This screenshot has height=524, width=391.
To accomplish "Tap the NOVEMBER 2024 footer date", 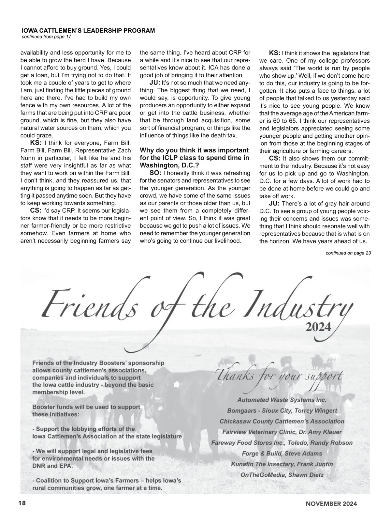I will tap(331, 503).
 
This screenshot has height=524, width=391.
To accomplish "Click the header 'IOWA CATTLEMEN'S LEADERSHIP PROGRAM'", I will tap(88, 31).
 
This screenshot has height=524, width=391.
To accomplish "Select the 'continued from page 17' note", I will tap(46, 37).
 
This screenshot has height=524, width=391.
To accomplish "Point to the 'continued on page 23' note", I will tap(348, 253).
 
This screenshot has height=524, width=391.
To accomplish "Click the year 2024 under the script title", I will tap(318, 327).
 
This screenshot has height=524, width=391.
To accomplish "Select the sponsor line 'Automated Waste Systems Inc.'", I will tap(282, 400).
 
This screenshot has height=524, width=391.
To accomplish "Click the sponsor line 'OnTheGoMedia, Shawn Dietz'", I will tap(282, 475).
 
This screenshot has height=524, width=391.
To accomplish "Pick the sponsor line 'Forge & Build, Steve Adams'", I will tap(282, 454).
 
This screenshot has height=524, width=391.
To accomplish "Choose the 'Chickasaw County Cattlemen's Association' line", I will tap(282, 421).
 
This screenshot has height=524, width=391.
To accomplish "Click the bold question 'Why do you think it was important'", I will tap(194, 150).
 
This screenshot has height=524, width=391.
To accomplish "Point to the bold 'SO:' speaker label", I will tap(155, 173).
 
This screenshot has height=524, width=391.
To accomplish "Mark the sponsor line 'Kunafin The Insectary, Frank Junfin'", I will tap(282, 464).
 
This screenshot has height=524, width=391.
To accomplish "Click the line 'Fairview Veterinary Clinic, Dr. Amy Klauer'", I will tap(282, 432).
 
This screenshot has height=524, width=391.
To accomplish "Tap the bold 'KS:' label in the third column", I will tap(274, 53).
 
